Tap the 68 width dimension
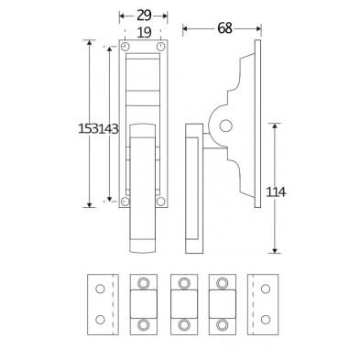tap(224, 28)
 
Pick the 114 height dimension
tap(276, 191)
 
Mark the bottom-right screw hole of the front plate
tap(160, 201)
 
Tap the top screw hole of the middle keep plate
tap(183, 282)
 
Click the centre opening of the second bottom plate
tap(145, 303)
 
